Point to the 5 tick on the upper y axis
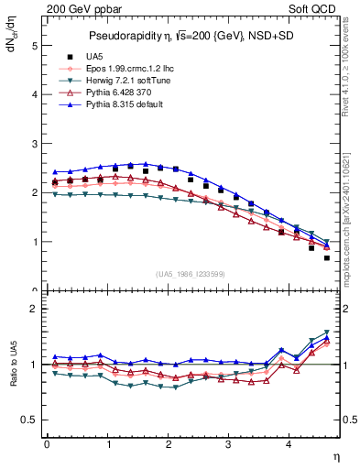click(35, 46)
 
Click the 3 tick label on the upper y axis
click(35, 144)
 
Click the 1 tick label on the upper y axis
click(35, 242)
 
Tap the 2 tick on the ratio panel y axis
click(35, 310)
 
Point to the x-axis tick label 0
click(47, 444)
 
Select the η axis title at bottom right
click(337, 457)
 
